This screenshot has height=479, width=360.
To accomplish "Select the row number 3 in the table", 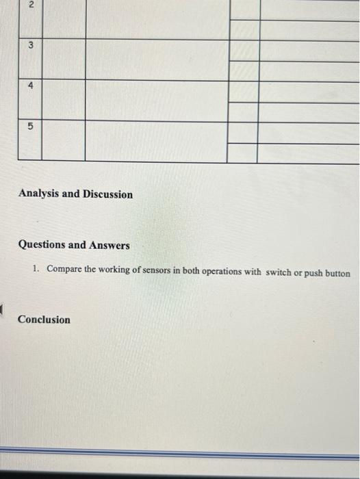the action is pos(29,45).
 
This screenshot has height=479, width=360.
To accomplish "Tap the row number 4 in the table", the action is pos(29,86).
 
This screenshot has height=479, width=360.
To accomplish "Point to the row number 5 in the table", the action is pos(29,127).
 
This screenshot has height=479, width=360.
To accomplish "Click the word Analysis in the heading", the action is pos(39,194).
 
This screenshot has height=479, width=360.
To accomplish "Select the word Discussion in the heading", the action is pos(107,194).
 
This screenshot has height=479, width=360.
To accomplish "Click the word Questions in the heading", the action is pos(42,245).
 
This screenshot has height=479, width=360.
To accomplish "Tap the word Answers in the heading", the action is pos(107,245).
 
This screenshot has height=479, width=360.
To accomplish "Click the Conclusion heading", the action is pos(44,320).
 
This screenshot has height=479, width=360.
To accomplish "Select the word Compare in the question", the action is pos(64,270).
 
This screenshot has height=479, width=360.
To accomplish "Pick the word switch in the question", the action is pos(278,272).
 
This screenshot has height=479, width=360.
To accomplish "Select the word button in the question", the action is pos(339,273).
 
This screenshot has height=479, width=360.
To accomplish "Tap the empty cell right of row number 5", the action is pos(63,141).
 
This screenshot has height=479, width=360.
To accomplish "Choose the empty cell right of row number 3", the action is pos(63,60).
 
